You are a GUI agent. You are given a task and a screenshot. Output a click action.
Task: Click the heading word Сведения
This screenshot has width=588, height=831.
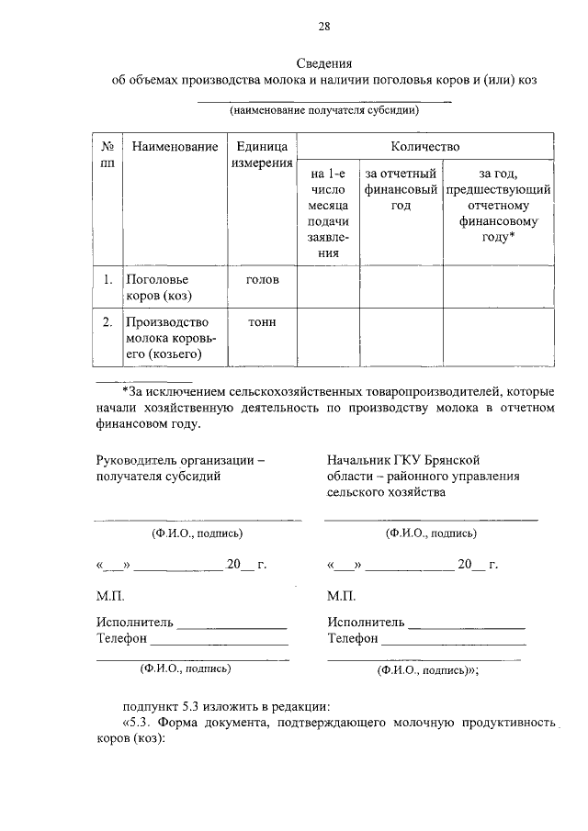tap(324, 63)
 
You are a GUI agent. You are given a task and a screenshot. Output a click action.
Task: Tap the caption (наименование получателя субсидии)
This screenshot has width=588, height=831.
tap(324, 111)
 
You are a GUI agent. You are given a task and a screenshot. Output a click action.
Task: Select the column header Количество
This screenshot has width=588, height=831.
tap(424, 146)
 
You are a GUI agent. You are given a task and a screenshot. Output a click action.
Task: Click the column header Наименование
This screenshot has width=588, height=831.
tap(175, 146)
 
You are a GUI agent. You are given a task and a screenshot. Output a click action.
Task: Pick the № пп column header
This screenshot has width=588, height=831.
tap(107, 154)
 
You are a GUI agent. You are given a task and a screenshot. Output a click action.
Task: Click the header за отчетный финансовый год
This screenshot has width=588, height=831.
tap(401, 188)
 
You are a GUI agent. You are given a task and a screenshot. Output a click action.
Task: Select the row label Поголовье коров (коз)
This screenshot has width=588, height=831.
tap(158, 286)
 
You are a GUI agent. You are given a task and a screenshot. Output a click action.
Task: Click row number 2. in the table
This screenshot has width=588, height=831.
tap(107, 321)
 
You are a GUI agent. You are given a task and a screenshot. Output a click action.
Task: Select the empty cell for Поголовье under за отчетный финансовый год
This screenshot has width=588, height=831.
tap(401, 286)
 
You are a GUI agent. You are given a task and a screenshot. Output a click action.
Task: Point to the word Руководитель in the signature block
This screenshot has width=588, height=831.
tap(138, 460)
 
